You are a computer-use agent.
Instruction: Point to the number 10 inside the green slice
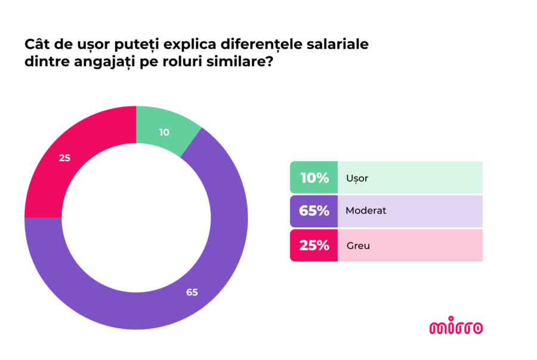pyautogui.click(x=164, y=132)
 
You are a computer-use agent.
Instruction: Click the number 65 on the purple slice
pyautogui.click(x=192, y=292)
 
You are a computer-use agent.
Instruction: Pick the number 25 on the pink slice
pyautogui.click(x=65, y=158)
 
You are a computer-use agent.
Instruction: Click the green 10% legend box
pyautogui.click(x=314, y=177)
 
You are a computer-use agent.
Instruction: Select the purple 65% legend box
pyautogui.click(x=314, y=211)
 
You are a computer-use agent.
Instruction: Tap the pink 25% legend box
pyautogui.click(x=314, y=245)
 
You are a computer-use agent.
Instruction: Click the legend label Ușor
pyautogui.click(x=357, y=178)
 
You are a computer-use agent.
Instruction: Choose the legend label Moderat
pyautogui.click(x=366, y=211)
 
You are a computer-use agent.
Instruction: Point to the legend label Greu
pyautogui.click(x=358, y=245)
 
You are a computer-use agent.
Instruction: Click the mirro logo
pyautogui.click(x=456, y=327)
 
